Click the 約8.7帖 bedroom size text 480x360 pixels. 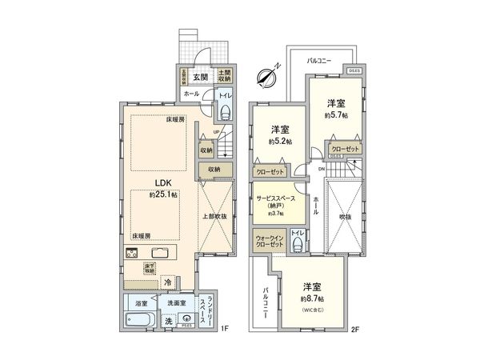click(x=312, y=298)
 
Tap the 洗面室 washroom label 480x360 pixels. click(x=177, y=302)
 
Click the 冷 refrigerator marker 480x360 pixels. click(x=168, y=282)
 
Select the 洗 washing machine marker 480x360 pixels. click(x=168, y=321)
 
